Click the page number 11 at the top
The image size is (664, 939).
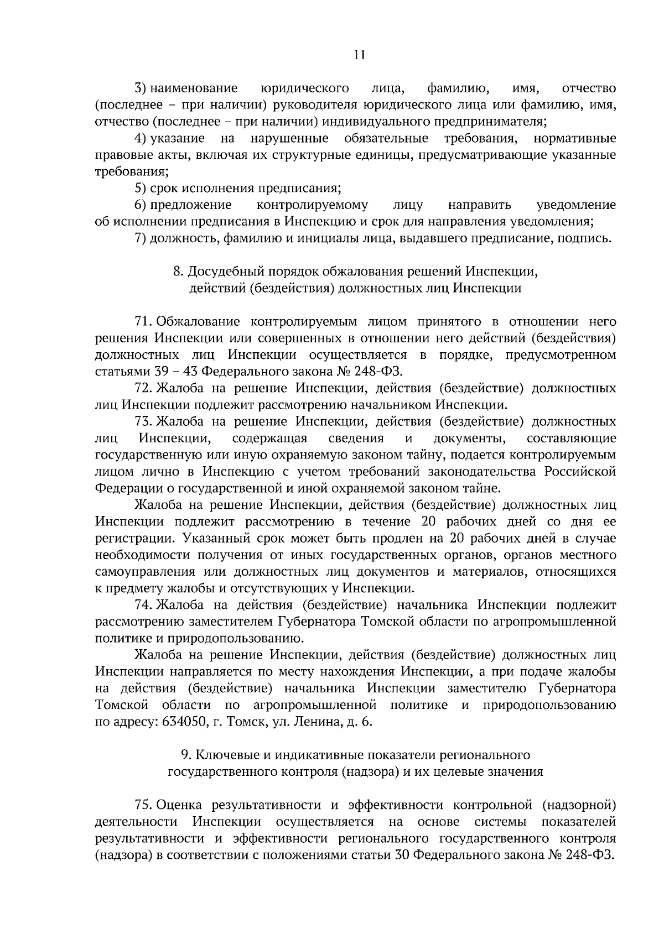click(359, 54)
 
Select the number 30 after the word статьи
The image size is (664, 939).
click(403, 854)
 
